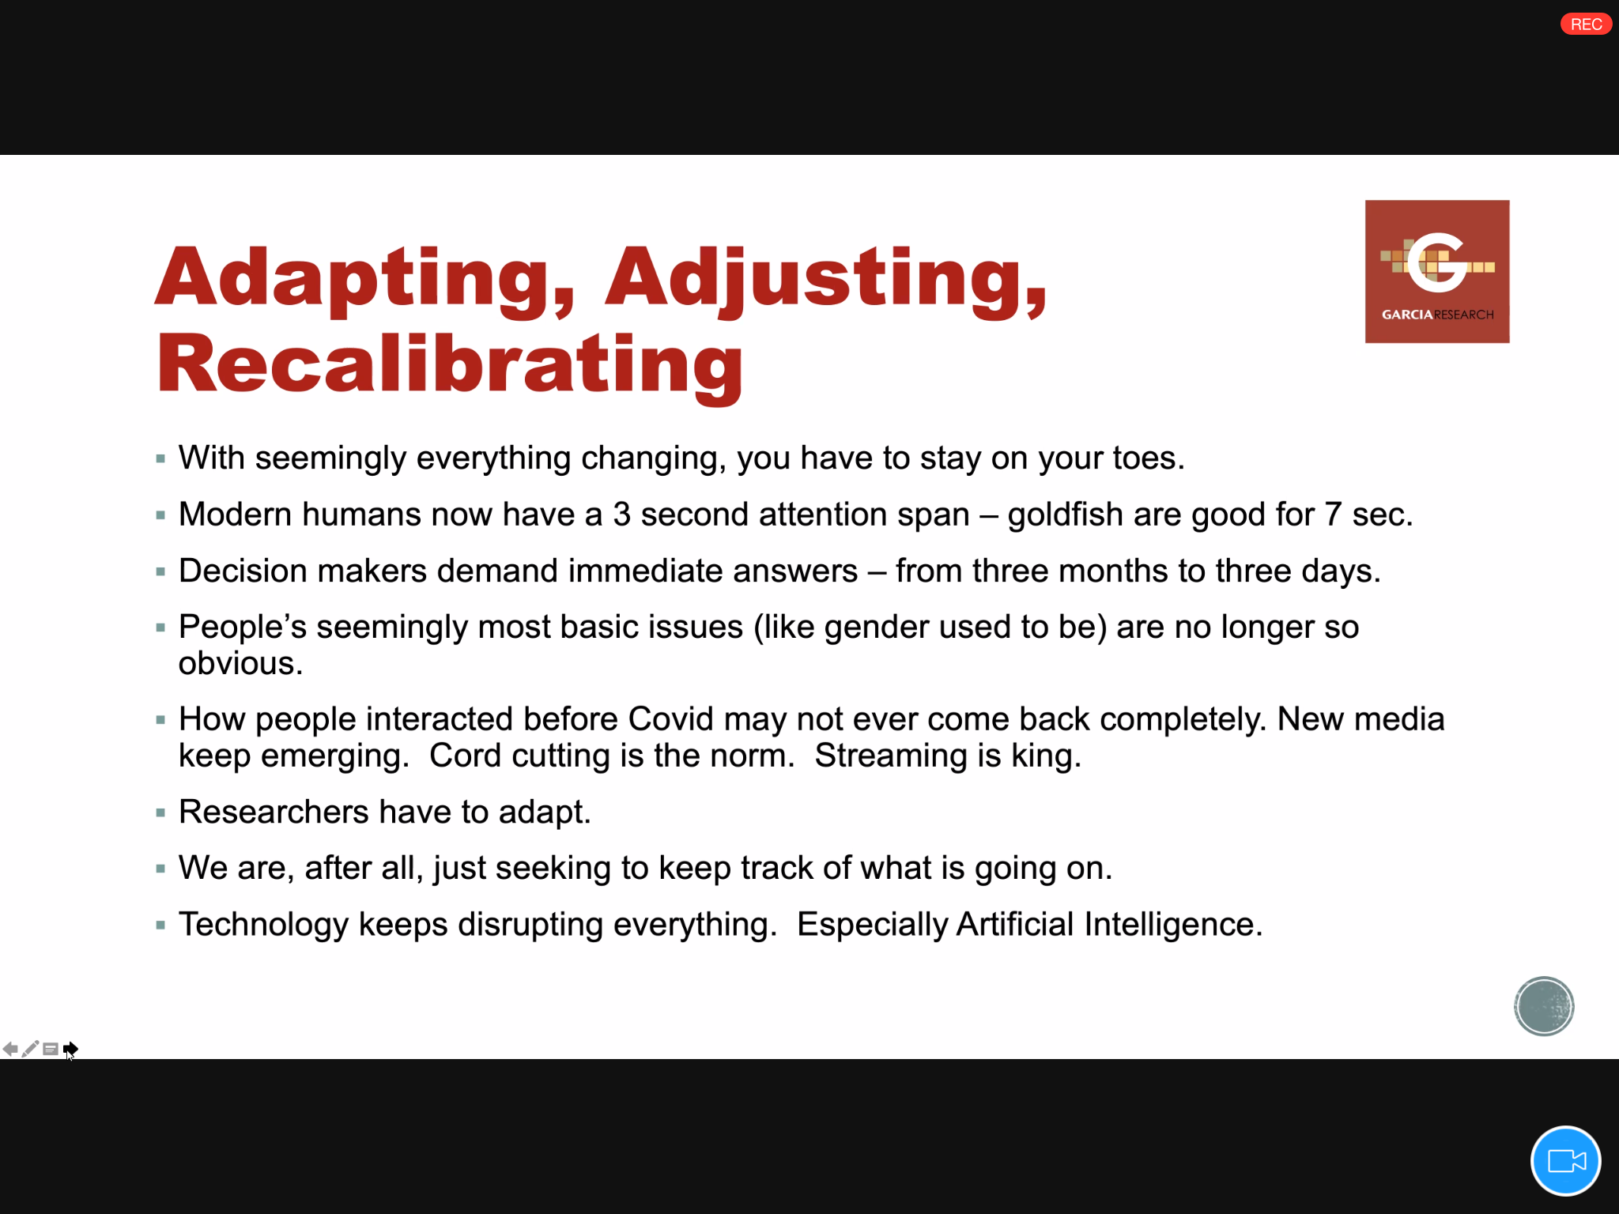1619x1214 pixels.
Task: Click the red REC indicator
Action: click(1586, 25)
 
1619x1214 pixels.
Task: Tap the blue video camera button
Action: click(1565, 1161)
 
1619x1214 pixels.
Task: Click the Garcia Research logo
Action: click(1437, 271)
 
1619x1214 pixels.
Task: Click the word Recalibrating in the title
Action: click(450, 365)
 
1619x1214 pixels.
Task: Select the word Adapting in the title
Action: click(365, 279)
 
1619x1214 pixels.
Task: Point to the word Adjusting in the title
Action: click(826, 279)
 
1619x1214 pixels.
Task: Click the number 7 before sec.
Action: click(1334, 515)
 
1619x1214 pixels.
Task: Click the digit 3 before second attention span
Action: click(622, 515)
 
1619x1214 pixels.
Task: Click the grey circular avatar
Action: click(1544, 1006)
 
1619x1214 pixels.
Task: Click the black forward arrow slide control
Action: click(70, 1049)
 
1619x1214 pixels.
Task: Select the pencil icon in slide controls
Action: click(30, 1049)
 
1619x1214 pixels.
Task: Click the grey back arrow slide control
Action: click(10, 1049)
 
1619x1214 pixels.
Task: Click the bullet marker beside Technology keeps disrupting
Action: click(160, 925)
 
